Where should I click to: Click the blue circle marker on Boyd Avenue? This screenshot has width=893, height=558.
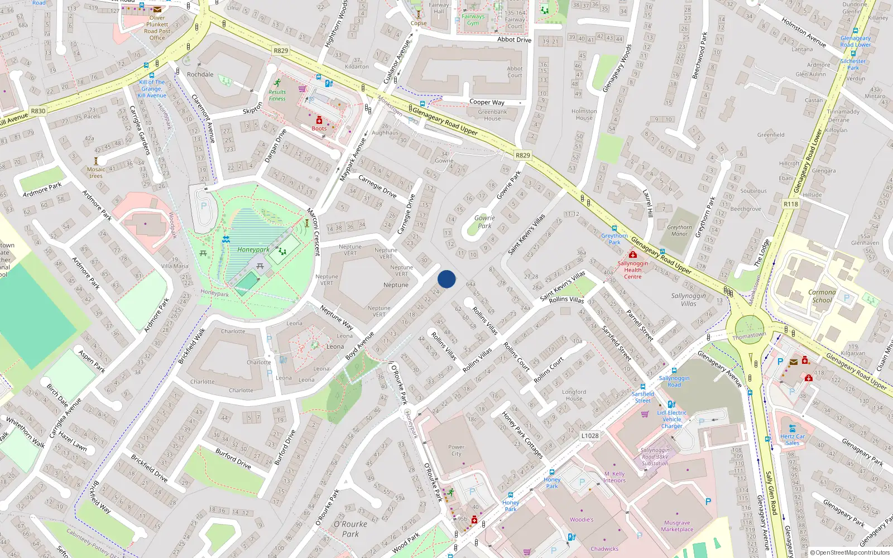click(x=446, y=279)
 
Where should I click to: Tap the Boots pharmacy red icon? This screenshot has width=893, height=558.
click(x=319, y=121)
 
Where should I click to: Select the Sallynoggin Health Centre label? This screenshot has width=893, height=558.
click(x=632, y=270)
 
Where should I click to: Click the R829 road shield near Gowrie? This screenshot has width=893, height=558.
click(x=522, y=156)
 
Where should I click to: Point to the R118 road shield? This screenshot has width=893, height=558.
click(x=790, y=204)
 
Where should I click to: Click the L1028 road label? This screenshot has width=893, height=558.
click(x=589, y=436)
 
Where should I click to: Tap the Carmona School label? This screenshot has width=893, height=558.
click(x=822, y=296)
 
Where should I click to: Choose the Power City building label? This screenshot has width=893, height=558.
click(x=456, y=450)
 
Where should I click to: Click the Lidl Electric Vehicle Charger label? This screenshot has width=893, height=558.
click(x=672, y=420)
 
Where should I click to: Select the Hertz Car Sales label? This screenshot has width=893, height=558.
click(x=793, y=440)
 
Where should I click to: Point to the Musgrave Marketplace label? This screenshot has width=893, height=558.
click(x=677, y=526)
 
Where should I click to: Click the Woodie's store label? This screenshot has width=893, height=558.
click(x=582, y=519)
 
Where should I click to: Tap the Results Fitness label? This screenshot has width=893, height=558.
click(x=277, y=95)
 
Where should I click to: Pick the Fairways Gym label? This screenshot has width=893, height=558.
click(x=473, y=20)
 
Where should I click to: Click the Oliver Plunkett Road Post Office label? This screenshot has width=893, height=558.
click(x=157, y=28)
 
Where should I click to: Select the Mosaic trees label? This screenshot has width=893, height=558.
click(x=95, y=172)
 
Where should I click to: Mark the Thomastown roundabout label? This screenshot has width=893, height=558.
click(x=749, y=336)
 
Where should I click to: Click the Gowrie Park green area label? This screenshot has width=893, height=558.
click(x=484, y=222)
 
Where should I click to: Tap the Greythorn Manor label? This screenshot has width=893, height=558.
click(x=679, y=230)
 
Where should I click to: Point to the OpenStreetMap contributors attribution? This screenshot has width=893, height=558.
click(x=850, y=553)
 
